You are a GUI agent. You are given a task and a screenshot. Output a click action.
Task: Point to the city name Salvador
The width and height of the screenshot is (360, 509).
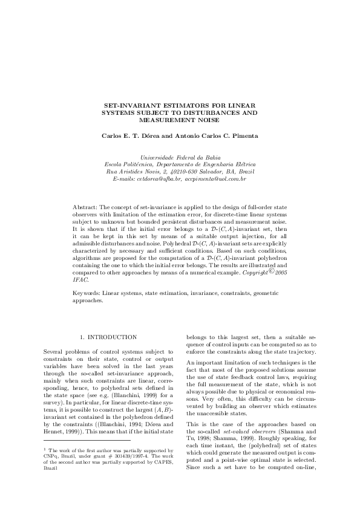click(x=208, y=172)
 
